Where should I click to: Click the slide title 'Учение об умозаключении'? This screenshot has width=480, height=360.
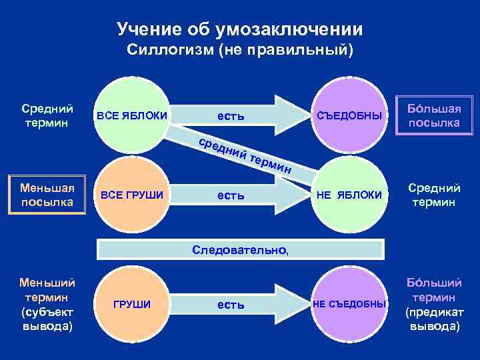coord(240,29)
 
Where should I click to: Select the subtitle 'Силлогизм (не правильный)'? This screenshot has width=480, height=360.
coord(240,51)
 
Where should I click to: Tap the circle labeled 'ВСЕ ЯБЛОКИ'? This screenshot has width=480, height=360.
coord(132,115)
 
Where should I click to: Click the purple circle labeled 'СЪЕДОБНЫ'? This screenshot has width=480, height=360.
coord(349,115)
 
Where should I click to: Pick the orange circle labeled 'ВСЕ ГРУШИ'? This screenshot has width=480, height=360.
coord(132,195)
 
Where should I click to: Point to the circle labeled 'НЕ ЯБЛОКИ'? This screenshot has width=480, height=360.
coord(349,195)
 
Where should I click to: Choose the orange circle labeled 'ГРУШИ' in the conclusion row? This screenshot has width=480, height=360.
coord(132,305)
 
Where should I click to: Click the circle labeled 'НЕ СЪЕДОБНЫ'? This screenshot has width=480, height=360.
coord(349,305)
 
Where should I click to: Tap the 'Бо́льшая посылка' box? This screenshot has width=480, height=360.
coord(434,115)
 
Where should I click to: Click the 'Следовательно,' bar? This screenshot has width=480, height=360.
coord(240,250)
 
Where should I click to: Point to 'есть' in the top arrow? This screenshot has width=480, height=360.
coord(231,116)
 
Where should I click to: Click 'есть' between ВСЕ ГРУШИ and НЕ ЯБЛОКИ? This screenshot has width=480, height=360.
coord(231,196)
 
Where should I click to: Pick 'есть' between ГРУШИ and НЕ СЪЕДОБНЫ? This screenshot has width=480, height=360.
coord(231,305)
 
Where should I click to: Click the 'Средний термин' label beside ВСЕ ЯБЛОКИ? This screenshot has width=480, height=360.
coord(47,115)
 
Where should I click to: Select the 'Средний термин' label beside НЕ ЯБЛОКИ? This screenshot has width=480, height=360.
coord(434,195)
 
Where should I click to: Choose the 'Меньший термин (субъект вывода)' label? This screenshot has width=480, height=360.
coord(47,304)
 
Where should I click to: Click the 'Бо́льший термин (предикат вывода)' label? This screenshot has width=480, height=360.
coord(434,304)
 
